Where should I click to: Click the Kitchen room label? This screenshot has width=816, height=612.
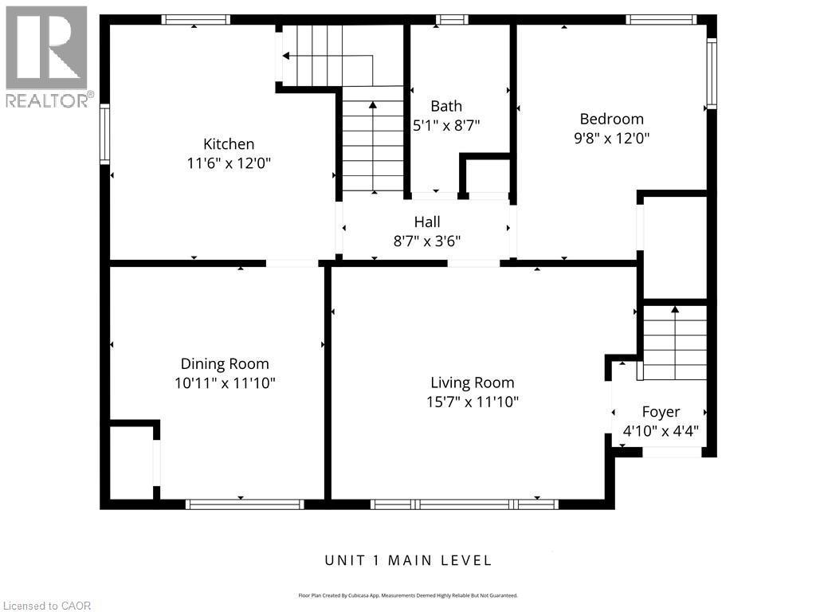(x=229, y=144)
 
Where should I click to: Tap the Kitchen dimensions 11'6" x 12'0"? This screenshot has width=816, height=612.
(x=229, y=163)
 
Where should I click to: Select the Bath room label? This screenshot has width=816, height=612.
(x=446, y=106)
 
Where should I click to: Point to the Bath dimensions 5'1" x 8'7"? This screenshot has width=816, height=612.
(x=446, y=125)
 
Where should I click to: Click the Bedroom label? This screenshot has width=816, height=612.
(x=611, y=119)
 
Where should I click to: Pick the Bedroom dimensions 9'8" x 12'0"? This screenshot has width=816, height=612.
(x=611, y=138)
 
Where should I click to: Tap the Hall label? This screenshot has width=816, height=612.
(x=426, y=222)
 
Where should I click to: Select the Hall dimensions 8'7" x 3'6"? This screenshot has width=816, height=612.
(x=426, y=241)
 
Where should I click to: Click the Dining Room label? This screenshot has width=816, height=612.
(x=225, y=363)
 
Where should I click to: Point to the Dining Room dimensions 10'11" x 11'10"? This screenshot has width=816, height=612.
(x=225, y=382)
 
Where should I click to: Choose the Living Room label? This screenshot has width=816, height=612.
(x=473, y=382)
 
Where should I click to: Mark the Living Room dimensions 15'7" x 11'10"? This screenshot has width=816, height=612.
(x=473, y=402)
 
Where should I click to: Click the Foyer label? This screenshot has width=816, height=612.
(x=661, y=412)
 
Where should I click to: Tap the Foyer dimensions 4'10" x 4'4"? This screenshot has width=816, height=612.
(x=661, y=431)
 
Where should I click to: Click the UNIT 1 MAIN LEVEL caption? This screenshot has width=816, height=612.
(x=408, y=560)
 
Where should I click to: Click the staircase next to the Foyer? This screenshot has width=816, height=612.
(x=674, y=343)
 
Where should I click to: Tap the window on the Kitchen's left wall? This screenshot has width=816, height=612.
(x=104, y=135)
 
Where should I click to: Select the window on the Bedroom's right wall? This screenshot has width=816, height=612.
(x=712, y=73)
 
